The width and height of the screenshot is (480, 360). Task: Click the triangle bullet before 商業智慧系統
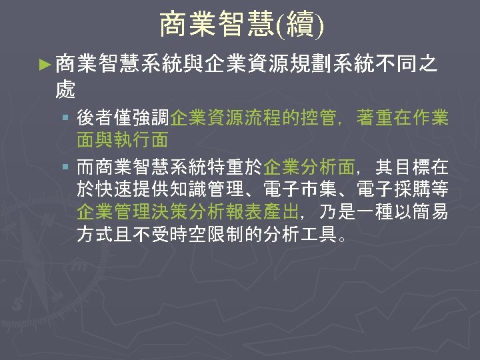coord(44,65)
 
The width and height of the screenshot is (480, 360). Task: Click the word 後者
coord(95,119)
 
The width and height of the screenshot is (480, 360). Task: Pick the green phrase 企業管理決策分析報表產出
coord(189,213)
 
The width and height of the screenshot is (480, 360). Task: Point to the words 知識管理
coord(226,190)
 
